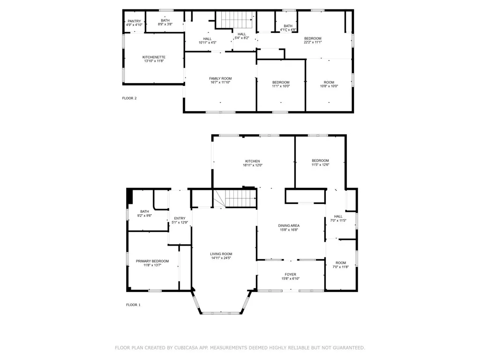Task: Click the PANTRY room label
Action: pyautogui.click(x=135, y=21)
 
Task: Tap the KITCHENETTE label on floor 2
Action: pyautogui.click(x=154, y=57)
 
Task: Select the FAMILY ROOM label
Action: pyautogui.click(x=220, y=78)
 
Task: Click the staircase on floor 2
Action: pyautogui.click(x=237, y=20)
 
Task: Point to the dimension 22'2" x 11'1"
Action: pyautogui.click(x=313, y=42)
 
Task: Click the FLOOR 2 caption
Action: pyautogui.click(x=129, y=98)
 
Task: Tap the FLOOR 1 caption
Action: pyautogui.click(x=133, y=305)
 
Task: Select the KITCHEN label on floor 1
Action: pyautogui.click(x=252, y=161)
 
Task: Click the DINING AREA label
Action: pyautogui.click(x=289, y=225)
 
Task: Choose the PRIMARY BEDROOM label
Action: pyautogui.click(x=152, y=261)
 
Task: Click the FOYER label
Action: pyautogui.click(x=290, y=275)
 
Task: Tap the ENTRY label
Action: pyautogui.click(x=180, y=218)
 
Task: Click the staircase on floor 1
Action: pyautogui.click(x=239, y=199)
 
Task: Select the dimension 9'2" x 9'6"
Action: pyautogui.click(x=144, y=216)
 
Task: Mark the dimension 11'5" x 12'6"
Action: pyautogui.click(x=320, y=165)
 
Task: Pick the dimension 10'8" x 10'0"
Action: pyautogui.click(x=329, y=86)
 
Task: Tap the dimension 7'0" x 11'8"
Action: pyautogui.click(x=340, y=267)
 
